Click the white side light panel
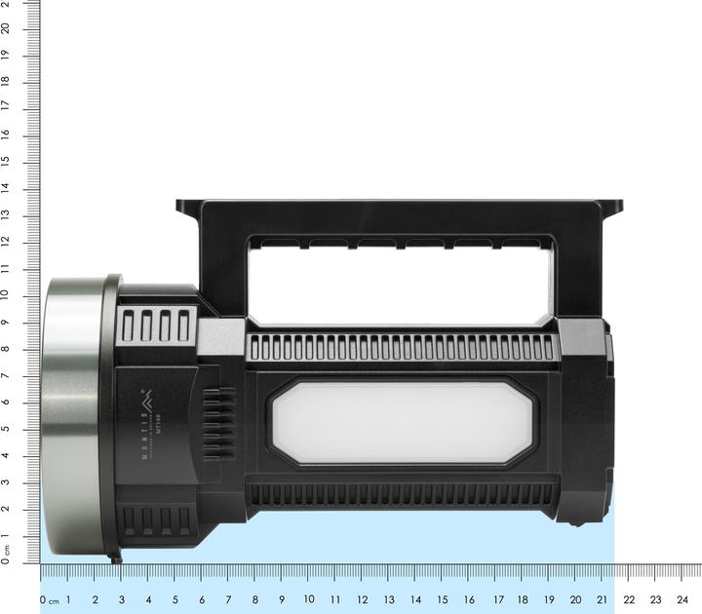[403, 423]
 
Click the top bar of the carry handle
[400, 215]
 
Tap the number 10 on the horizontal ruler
[309, 599]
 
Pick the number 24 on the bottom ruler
[682, 599]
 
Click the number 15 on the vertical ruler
[7, 160]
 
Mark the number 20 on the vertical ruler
[7, 27]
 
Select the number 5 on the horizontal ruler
[175, 599]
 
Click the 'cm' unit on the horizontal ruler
[54, 601]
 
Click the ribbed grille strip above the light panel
[402, 348]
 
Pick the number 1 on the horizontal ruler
[68, 599]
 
